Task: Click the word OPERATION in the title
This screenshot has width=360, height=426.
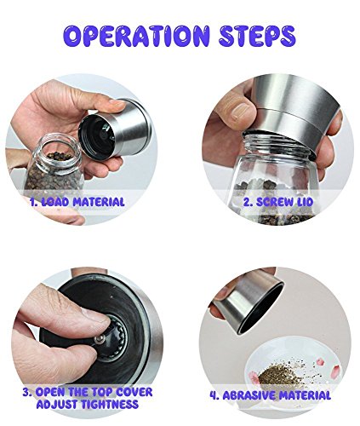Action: (x=136, y=37)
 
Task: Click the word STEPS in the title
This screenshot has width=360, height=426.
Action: (x=257, y=37)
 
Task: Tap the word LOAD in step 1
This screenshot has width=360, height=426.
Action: (x=55, y=202)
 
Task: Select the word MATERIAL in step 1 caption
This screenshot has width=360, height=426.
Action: (x=99, y=202)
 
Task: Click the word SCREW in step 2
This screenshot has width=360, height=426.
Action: (x=275, y=202)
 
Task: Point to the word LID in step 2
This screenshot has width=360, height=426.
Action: (x=305, y=202)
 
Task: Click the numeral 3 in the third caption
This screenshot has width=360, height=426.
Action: (x=26, y=392)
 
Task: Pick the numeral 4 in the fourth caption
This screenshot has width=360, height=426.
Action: (x=214, y=395)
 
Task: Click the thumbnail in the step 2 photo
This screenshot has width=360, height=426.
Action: (x=240, y=112)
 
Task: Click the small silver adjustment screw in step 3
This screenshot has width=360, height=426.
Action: (x=100, y=339)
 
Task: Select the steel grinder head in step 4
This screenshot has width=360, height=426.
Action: (x=249, y=301)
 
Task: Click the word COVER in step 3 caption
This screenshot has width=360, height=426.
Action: (x=134, y=392)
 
